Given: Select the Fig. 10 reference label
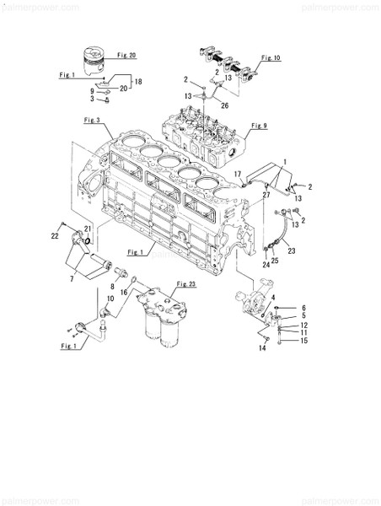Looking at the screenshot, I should point(271,57).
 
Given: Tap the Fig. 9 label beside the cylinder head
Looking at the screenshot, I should point(259,126).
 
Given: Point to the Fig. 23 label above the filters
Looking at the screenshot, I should point(186,285).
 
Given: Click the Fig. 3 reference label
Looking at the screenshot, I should point(93,121).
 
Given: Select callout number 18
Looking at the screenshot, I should point(138,82).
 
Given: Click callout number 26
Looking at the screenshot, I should point(223,105).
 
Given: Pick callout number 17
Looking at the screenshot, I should point(239,174).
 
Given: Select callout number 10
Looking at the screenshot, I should point(110,299).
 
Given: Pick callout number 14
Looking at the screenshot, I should point(261,347).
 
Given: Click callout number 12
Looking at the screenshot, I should point(304,325).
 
